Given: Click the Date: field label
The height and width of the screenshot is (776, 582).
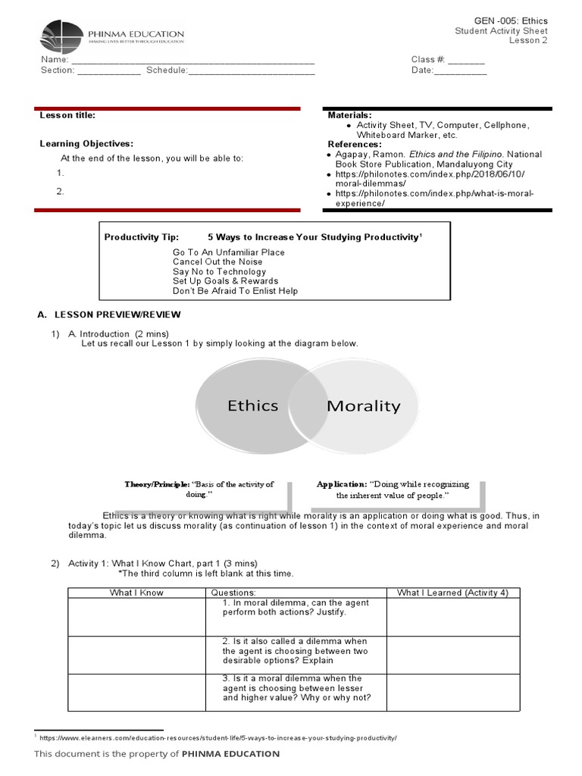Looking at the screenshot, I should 422,70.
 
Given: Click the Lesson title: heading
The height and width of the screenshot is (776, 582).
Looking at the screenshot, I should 67,115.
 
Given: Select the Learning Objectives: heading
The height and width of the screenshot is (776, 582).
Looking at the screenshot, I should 86,143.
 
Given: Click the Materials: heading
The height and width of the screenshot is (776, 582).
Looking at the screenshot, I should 349,114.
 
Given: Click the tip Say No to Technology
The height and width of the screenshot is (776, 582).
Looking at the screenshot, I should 219,271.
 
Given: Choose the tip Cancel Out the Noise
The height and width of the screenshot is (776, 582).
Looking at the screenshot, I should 217,261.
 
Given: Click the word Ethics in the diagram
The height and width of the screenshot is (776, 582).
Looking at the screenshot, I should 253,405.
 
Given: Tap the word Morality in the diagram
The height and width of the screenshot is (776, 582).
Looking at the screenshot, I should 363,406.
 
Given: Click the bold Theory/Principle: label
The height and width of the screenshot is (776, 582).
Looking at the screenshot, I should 157,483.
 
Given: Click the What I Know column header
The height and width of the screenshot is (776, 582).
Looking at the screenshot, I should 136,593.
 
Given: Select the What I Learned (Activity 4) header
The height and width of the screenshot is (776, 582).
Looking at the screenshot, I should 452,593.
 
